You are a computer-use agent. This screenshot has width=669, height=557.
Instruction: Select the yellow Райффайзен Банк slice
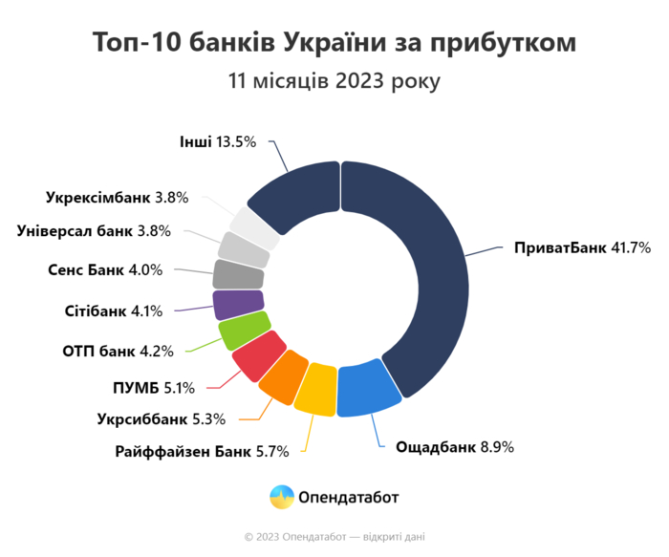(x=315, y=388)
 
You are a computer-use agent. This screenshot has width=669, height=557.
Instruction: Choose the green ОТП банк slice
(x=242, y=331)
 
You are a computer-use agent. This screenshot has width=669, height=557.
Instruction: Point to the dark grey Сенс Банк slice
(x=238, y=275)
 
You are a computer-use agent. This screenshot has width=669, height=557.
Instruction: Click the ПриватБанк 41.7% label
(x=582, y=247)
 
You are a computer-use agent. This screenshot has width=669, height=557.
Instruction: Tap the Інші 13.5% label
(x=218, y=142)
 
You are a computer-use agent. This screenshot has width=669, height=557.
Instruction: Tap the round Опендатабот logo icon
(x=282, y=497)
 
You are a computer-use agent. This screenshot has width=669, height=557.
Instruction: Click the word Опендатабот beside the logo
(x=349, y=497)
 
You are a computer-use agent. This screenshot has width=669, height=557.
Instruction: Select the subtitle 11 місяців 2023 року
(x=334, y=80)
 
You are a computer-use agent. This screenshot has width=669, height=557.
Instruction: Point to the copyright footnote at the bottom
(x=334, y=537)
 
